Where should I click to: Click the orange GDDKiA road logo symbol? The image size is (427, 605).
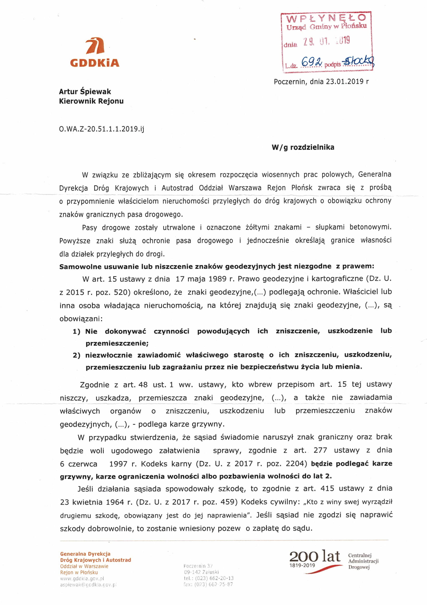(x=95, y=46)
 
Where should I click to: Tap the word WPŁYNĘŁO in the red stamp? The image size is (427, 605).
(x=326, y=18)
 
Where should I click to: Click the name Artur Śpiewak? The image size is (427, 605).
(x=85, y=91)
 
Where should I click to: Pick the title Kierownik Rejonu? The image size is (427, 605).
(x=91, y=101)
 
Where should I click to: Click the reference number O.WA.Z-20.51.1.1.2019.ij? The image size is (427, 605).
(x=102, y=129)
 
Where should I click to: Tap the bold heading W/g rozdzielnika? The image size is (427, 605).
(x=303, y=147)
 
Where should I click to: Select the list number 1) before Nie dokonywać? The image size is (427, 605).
(x=76, y=331)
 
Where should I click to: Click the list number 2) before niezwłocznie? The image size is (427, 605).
(x=76, y=355)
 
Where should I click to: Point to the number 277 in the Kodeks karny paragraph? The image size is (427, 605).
(x=320, y=450)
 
